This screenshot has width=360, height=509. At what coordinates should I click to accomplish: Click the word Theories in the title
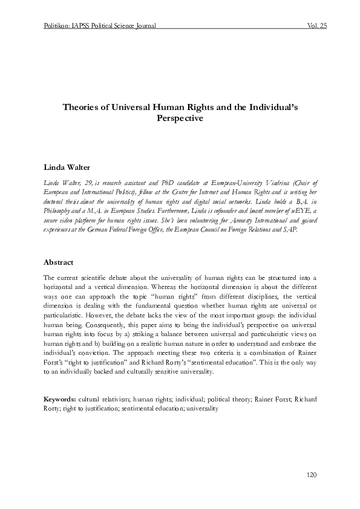click(x=83, y=107)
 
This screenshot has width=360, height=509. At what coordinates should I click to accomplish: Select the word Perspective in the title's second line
click(x=180, y=119)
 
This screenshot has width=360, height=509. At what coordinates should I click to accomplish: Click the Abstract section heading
click(x=58, y=263)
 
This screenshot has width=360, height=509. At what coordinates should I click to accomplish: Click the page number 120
click(x=311, y=476)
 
